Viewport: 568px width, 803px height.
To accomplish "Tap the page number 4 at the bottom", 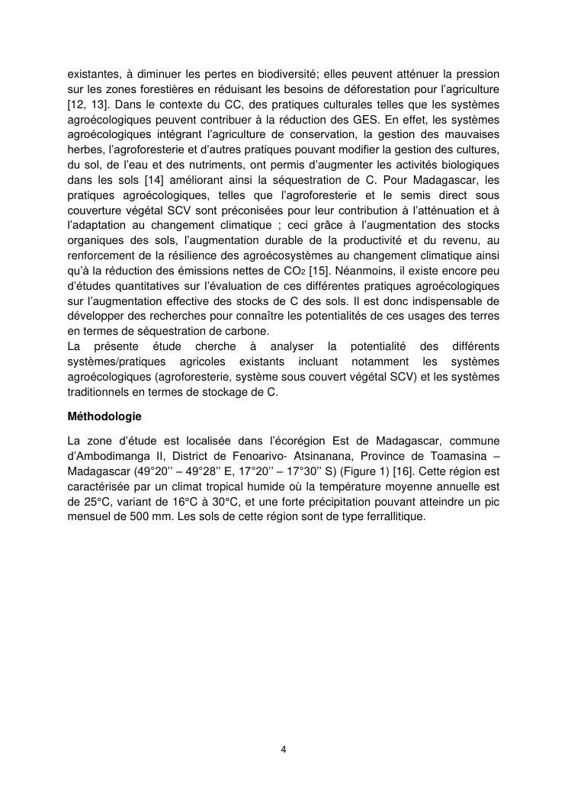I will (x=284, y=749).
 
